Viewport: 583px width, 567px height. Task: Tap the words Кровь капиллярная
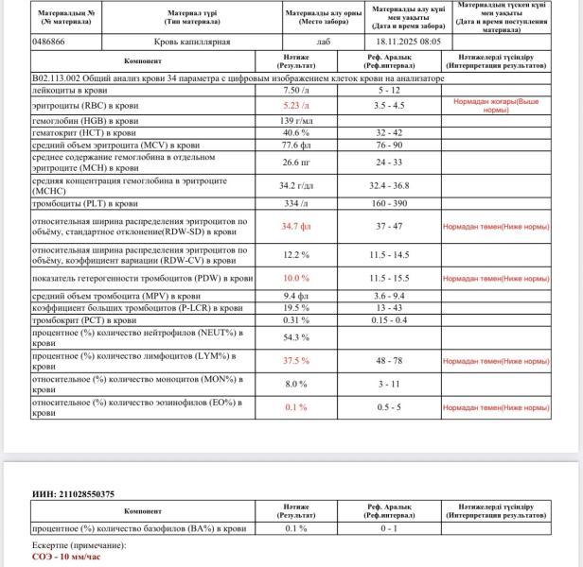coord(191,43)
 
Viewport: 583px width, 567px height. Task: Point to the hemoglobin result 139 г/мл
coord(297,122)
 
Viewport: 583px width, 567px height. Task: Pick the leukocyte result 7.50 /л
coord(297,90)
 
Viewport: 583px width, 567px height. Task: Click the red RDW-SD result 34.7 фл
coord(297,227)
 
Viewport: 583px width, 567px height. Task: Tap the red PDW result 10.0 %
coord(297,279)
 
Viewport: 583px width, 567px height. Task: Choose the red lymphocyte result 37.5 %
coord(297,360)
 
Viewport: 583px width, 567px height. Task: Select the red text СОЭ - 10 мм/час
coord(65,557)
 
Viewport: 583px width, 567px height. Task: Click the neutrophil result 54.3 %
coord(297,336)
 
